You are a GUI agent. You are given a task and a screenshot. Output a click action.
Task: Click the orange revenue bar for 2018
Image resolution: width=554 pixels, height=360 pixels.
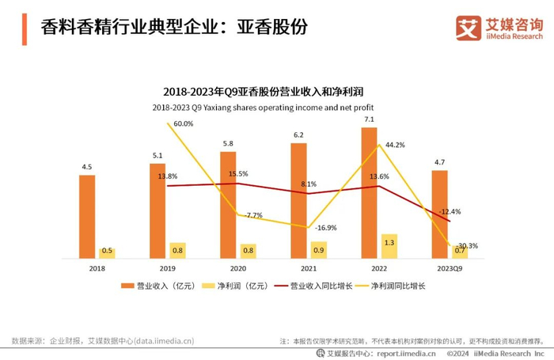[x=87, y=216]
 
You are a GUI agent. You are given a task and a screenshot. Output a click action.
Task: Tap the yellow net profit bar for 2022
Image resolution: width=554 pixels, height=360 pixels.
[x=389, y=245]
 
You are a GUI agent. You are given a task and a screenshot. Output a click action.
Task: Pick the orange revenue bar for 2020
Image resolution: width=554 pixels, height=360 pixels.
[x=228, y=204]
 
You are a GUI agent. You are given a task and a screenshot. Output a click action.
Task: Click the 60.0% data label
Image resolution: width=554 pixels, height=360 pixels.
[x=183, y=123]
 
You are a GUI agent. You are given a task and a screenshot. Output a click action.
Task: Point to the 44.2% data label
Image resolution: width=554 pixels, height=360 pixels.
[x=395, y=145]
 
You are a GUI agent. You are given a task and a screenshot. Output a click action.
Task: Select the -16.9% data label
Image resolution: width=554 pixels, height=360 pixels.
[x=326, y=227]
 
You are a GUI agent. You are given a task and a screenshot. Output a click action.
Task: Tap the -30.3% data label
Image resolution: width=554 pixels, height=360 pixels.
[x=466, y=245]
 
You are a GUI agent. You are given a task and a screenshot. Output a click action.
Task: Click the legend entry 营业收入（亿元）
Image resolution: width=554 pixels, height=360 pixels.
[x=158, y=286]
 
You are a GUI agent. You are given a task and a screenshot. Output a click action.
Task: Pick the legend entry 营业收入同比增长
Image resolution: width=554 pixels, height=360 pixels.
[x=313, y=286]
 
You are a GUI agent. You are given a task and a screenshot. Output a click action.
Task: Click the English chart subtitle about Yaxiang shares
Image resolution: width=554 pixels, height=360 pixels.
[x=262, y=107]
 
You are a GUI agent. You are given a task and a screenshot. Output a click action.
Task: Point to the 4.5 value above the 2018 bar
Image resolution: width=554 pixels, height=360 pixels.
[x=87, y=167]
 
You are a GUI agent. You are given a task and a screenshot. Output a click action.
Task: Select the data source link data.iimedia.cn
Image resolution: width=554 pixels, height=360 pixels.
[x=157, y=340]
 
